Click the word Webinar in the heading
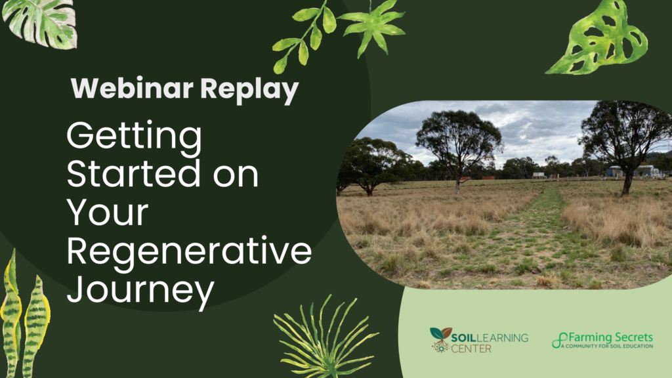pos(132,89)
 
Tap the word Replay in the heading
pos(249,91)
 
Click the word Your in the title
pos(108,212)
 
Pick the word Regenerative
pos(189,251)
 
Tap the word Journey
pos(140,291)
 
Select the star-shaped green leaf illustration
pos(373,26)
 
